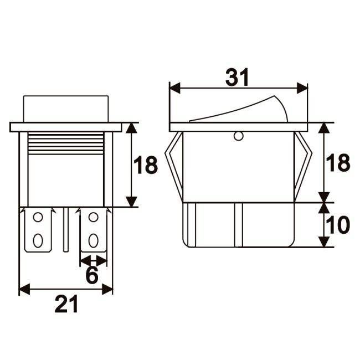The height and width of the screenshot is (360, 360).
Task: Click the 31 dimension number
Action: click(238, 78)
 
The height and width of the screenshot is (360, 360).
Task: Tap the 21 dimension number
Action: click(66, 304)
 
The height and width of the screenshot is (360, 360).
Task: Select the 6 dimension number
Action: click(92, 275)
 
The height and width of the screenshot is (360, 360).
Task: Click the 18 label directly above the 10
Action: click(337, 163)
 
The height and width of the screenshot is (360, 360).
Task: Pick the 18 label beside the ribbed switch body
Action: click(146, 165)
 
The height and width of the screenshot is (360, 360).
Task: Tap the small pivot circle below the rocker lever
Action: click(239, 136)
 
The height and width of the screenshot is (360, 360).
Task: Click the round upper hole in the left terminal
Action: click(38, 218)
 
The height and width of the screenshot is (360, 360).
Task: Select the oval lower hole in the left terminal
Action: click(38, 240)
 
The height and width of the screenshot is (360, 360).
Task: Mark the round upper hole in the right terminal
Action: click(93, 218)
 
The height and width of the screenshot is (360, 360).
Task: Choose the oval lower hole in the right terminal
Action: click(93, 240)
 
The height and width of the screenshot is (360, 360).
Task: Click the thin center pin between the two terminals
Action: click(66, 230)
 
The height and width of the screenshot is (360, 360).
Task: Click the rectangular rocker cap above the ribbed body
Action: click(66, 109)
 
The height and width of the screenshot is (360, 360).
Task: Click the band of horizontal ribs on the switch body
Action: click(66, 144)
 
